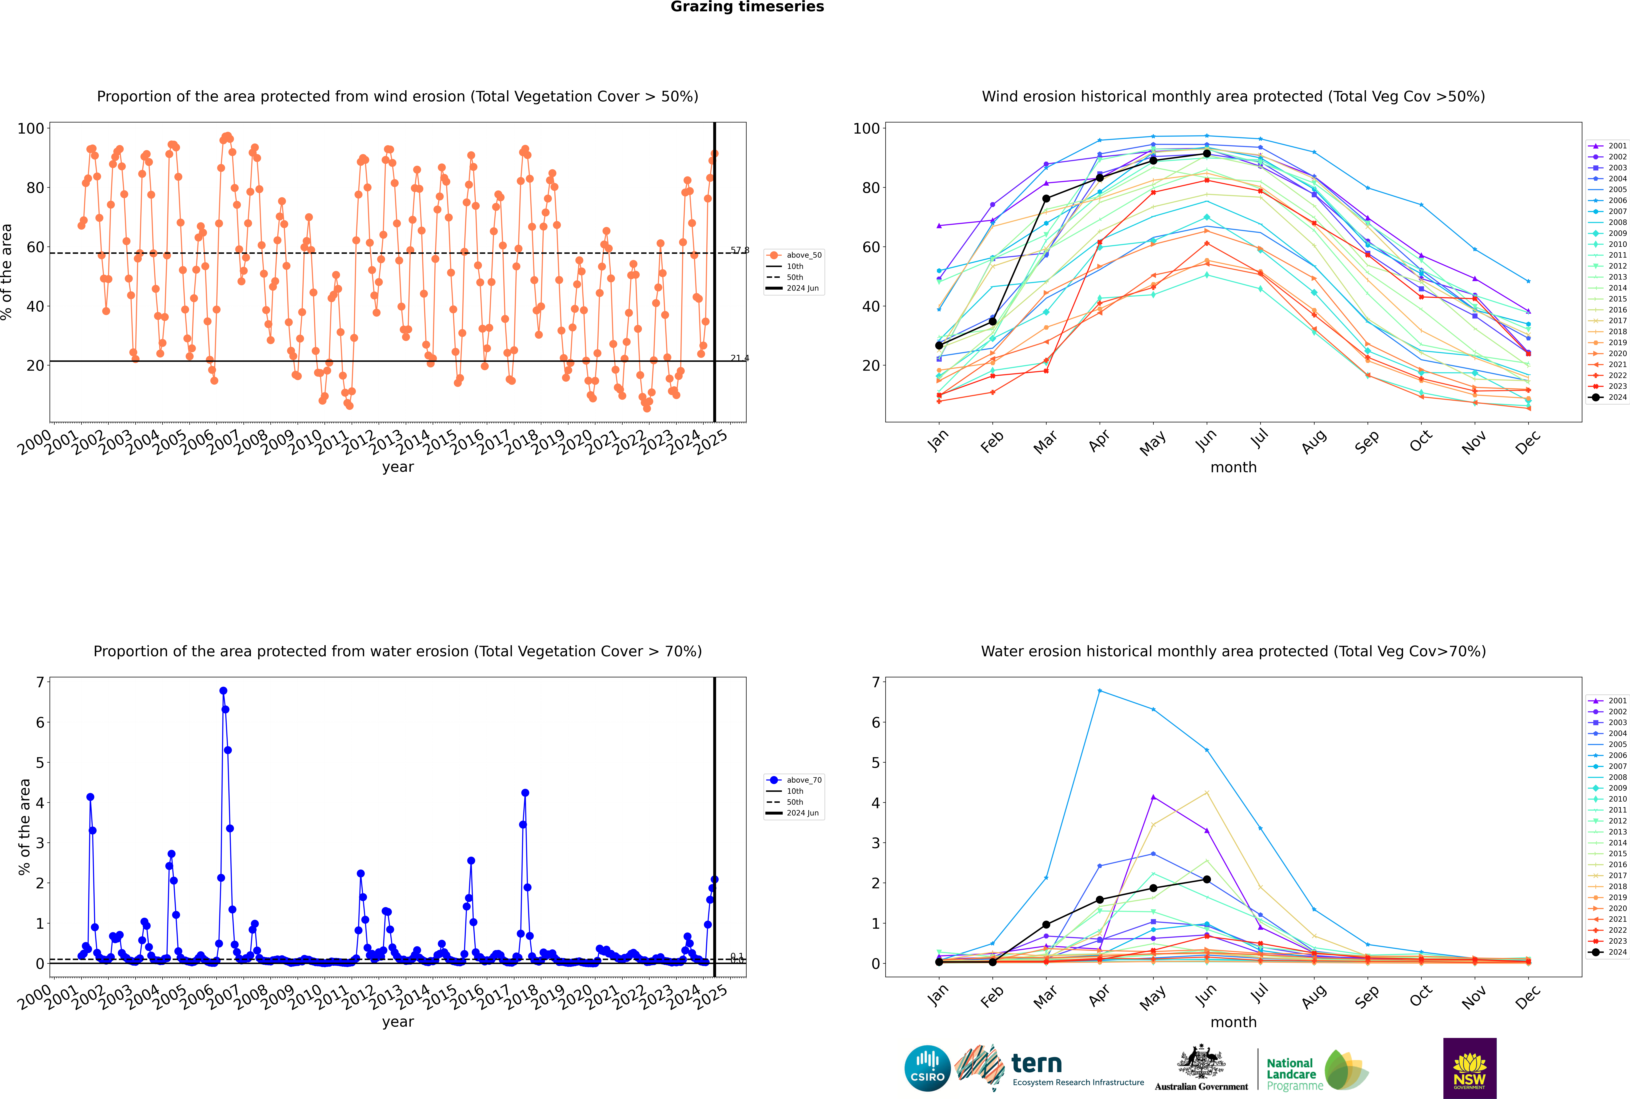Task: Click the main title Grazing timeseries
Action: (x=747, y=7)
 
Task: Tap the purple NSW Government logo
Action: (x=1469, y=1068)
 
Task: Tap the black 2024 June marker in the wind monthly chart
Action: (x=1207, y=153)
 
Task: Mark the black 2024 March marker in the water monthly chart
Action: (x=1046, y=925)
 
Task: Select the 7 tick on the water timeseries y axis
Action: (x=40, y=682)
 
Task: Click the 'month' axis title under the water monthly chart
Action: (x=1233, y=1022)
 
